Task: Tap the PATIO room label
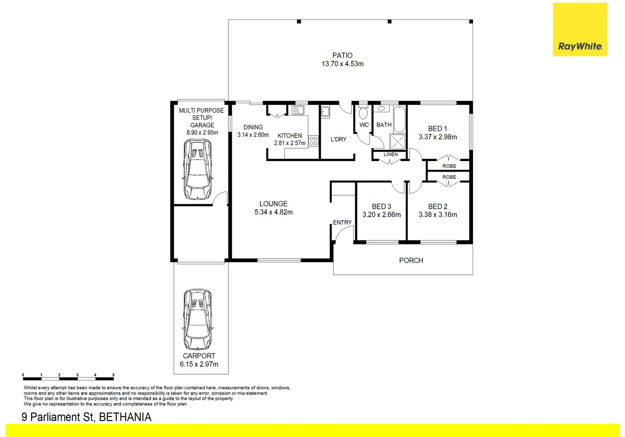tap(342, 55)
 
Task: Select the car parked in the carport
tap(198, 319)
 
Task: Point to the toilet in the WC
tap(363, 112)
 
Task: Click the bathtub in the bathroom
tap(399, 119)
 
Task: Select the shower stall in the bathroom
tap(397, 142)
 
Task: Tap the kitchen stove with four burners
tap(314, 141)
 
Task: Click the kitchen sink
tap(298, 110)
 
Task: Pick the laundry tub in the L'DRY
tap(325, 112)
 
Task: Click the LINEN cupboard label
tap(390, 154)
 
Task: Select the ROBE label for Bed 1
tap(449, 166)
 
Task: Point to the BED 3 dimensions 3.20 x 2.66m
tap(381, 215)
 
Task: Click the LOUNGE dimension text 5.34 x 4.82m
tap(273, 212)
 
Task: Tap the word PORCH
tap(411, 261)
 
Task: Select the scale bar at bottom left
tap(68, 378)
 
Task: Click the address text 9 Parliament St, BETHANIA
tap(86, 417)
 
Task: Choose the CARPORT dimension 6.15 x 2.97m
tap(199, 364)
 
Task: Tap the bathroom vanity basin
tap(381, 108)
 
